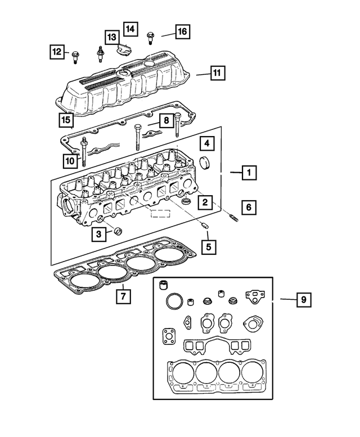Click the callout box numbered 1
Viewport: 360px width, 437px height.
(247, 173)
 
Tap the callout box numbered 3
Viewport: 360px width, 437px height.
(98, 233)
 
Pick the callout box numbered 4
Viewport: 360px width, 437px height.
(206, 144)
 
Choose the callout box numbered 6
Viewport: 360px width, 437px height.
(247, 207)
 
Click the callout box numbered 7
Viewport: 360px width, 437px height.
(123, 295)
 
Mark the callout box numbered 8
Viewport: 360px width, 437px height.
(166, 120)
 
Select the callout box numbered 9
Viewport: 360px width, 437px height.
(303, 300)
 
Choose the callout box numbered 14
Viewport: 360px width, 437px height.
(130, 28)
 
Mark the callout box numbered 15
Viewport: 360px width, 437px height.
(66, 120)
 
